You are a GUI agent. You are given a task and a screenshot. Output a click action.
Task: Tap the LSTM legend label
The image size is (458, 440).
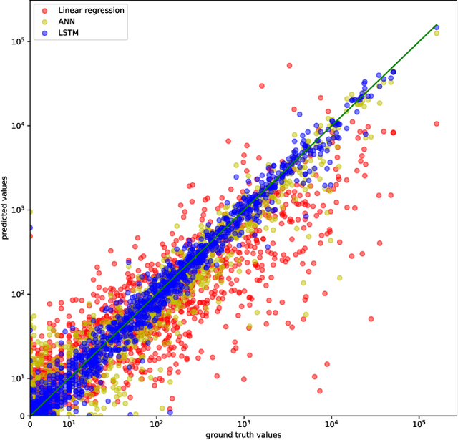[x=69, y=33]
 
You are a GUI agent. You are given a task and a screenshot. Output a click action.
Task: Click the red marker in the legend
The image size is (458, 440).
[x=44, y=11]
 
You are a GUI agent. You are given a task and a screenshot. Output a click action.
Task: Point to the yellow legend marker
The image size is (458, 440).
[x=44, y=21]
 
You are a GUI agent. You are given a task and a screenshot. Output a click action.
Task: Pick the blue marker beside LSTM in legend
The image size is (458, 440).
[x=44, y=33]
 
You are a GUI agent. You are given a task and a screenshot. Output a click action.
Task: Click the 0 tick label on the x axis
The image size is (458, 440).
[x=30, y=424]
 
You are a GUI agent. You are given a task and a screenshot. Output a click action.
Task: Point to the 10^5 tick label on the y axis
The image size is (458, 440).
[x=18, y=41]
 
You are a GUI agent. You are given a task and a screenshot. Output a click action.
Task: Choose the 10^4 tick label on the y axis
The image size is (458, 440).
[x=18, y=125]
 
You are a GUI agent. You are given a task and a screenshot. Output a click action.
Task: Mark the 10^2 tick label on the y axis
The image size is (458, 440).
[x=18, y=293]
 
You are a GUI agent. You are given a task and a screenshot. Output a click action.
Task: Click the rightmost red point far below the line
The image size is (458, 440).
[x=437, y=124]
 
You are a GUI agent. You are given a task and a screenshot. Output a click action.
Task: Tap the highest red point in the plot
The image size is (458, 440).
[x=289, y=65]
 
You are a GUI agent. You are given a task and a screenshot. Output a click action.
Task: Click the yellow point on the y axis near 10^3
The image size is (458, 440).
[x=30, y=210]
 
